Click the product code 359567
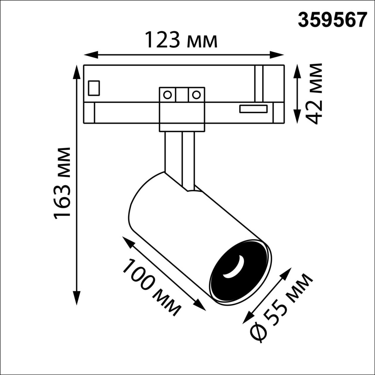[x=332, y=20]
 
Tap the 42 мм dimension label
[x=314, y=94]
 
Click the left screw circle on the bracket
[x=167, y=95]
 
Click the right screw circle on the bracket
[x=196, y=95]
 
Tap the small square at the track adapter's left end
[x=94, y=88]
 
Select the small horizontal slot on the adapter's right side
[x=253, y=109]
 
